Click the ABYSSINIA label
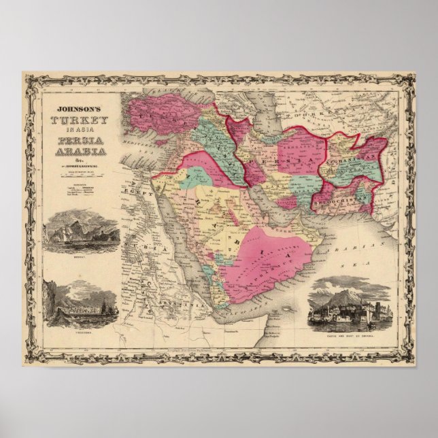(x=170, y=309)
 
